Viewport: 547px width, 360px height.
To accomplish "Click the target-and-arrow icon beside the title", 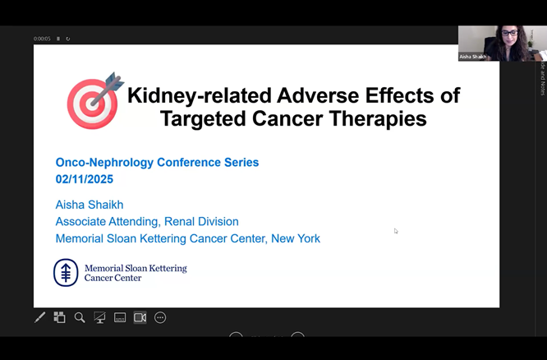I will (94, 101).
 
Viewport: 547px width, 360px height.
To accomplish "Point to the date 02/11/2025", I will (85, 179).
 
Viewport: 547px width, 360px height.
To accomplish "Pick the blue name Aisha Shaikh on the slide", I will (89, 204).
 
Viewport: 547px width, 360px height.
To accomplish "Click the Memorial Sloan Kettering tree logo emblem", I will (66, 272).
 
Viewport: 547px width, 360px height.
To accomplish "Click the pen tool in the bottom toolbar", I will (39, 317).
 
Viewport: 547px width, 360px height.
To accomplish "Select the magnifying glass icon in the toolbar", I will (80, 317).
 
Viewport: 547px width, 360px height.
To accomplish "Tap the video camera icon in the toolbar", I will (140, 317).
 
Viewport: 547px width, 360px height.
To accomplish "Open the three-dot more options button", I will (160, 317).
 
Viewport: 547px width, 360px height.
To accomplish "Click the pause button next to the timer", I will (58, 39).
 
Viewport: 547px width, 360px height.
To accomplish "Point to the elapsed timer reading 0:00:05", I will (42, 39).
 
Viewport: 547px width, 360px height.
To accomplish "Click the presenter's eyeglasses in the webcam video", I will (509, 34).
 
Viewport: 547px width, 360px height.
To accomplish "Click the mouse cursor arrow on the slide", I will (396, 231).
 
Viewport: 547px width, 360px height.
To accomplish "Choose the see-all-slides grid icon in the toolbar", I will (59, 317).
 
